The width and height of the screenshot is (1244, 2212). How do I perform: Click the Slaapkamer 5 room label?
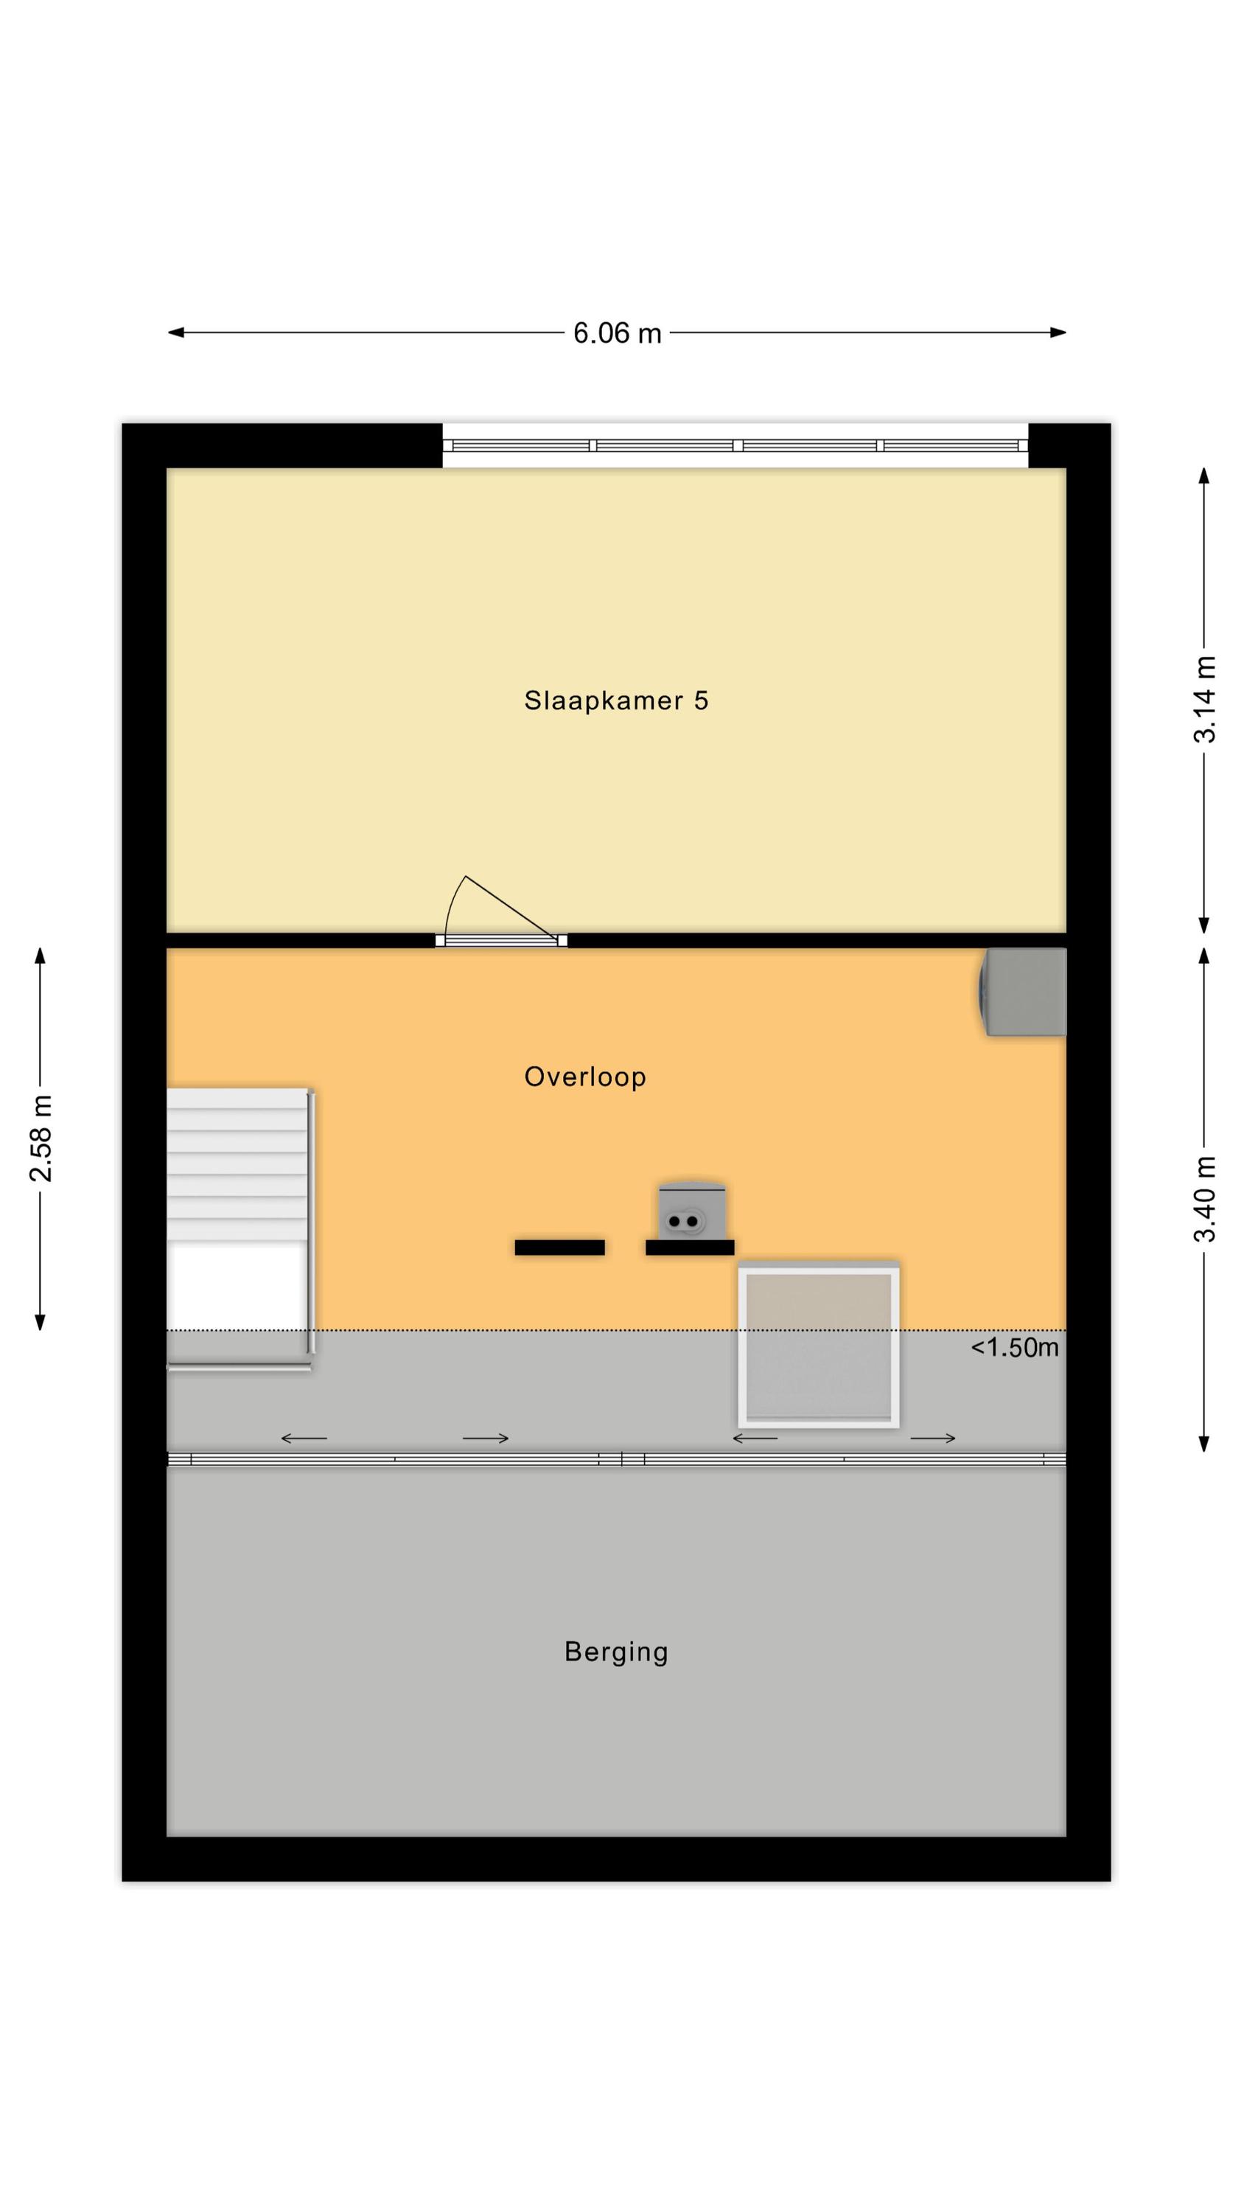pos(615,700)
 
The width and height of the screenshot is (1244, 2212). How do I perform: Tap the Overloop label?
pos(584,1077)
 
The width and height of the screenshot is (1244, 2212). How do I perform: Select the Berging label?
pos(615,1652)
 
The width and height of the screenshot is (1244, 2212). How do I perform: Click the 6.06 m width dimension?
pos(618,333)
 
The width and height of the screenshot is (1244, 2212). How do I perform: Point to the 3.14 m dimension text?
pos(1206,700)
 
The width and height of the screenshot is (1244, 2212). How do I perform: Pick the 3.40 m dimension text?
pos(1206,1200)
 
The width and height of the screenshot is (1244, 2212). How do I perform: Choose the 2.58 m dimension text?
pos(41,1139)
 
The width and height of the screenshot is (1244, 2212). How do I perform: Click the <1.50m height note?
pos(1014,1347)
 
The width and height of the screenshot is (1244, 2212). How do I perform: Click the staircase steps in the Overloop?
pos(237,1165)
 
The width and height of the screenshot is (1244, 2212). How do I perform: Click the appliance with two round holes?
pos(691,1211)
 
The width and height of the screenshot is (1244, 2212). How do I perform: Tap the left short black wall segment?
pos(560,1248)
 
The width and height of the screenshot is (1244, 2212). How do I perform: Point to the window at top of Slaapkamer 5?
pos(735,445)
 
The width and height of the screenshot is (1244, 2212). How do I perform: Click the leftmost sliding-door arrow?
pos(304,1439)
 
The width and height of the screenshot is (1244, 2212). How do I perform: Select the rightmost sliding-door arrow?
pos(933,1439)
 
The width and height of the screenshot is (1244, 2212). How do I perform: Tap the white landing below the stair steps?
pos(237,1285)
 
